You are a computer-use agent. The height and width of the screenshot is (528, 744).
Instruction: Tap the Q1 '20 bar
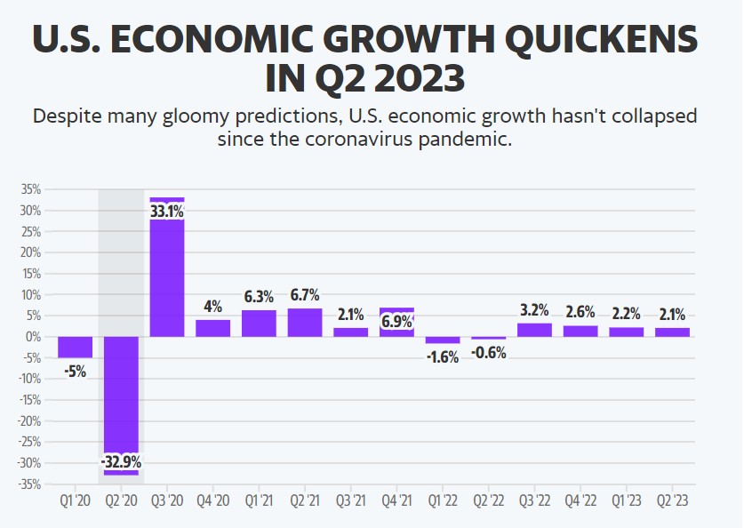click(75, 347)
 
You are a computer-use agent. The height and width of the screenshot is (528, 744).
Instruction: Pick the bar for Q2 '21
click(305, 322)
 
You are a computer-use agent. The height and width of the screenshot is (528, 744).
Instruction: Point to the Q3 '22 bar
click(534, 330)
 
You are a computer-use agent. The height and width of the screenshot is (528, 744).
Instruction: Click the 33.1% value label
click(167, 212)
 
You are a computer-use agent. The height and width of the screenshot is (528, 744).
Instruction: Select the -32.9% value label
click(120, 462)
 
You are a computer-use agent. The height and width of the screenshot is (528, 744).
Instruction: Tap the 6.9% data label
click(397, 321)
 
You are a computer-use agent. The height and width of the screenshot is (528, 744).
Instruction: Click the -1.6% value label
click(443, 356)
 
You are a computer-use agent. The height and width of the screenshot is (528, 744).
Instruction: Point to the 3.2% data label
click(534, 310)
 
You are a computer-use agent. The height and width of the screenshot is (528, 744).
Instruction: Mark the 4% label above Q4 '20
click(212, 307)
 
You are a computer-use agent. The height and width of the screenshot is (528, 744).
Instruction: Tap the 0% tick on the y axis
click(34, 337)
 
